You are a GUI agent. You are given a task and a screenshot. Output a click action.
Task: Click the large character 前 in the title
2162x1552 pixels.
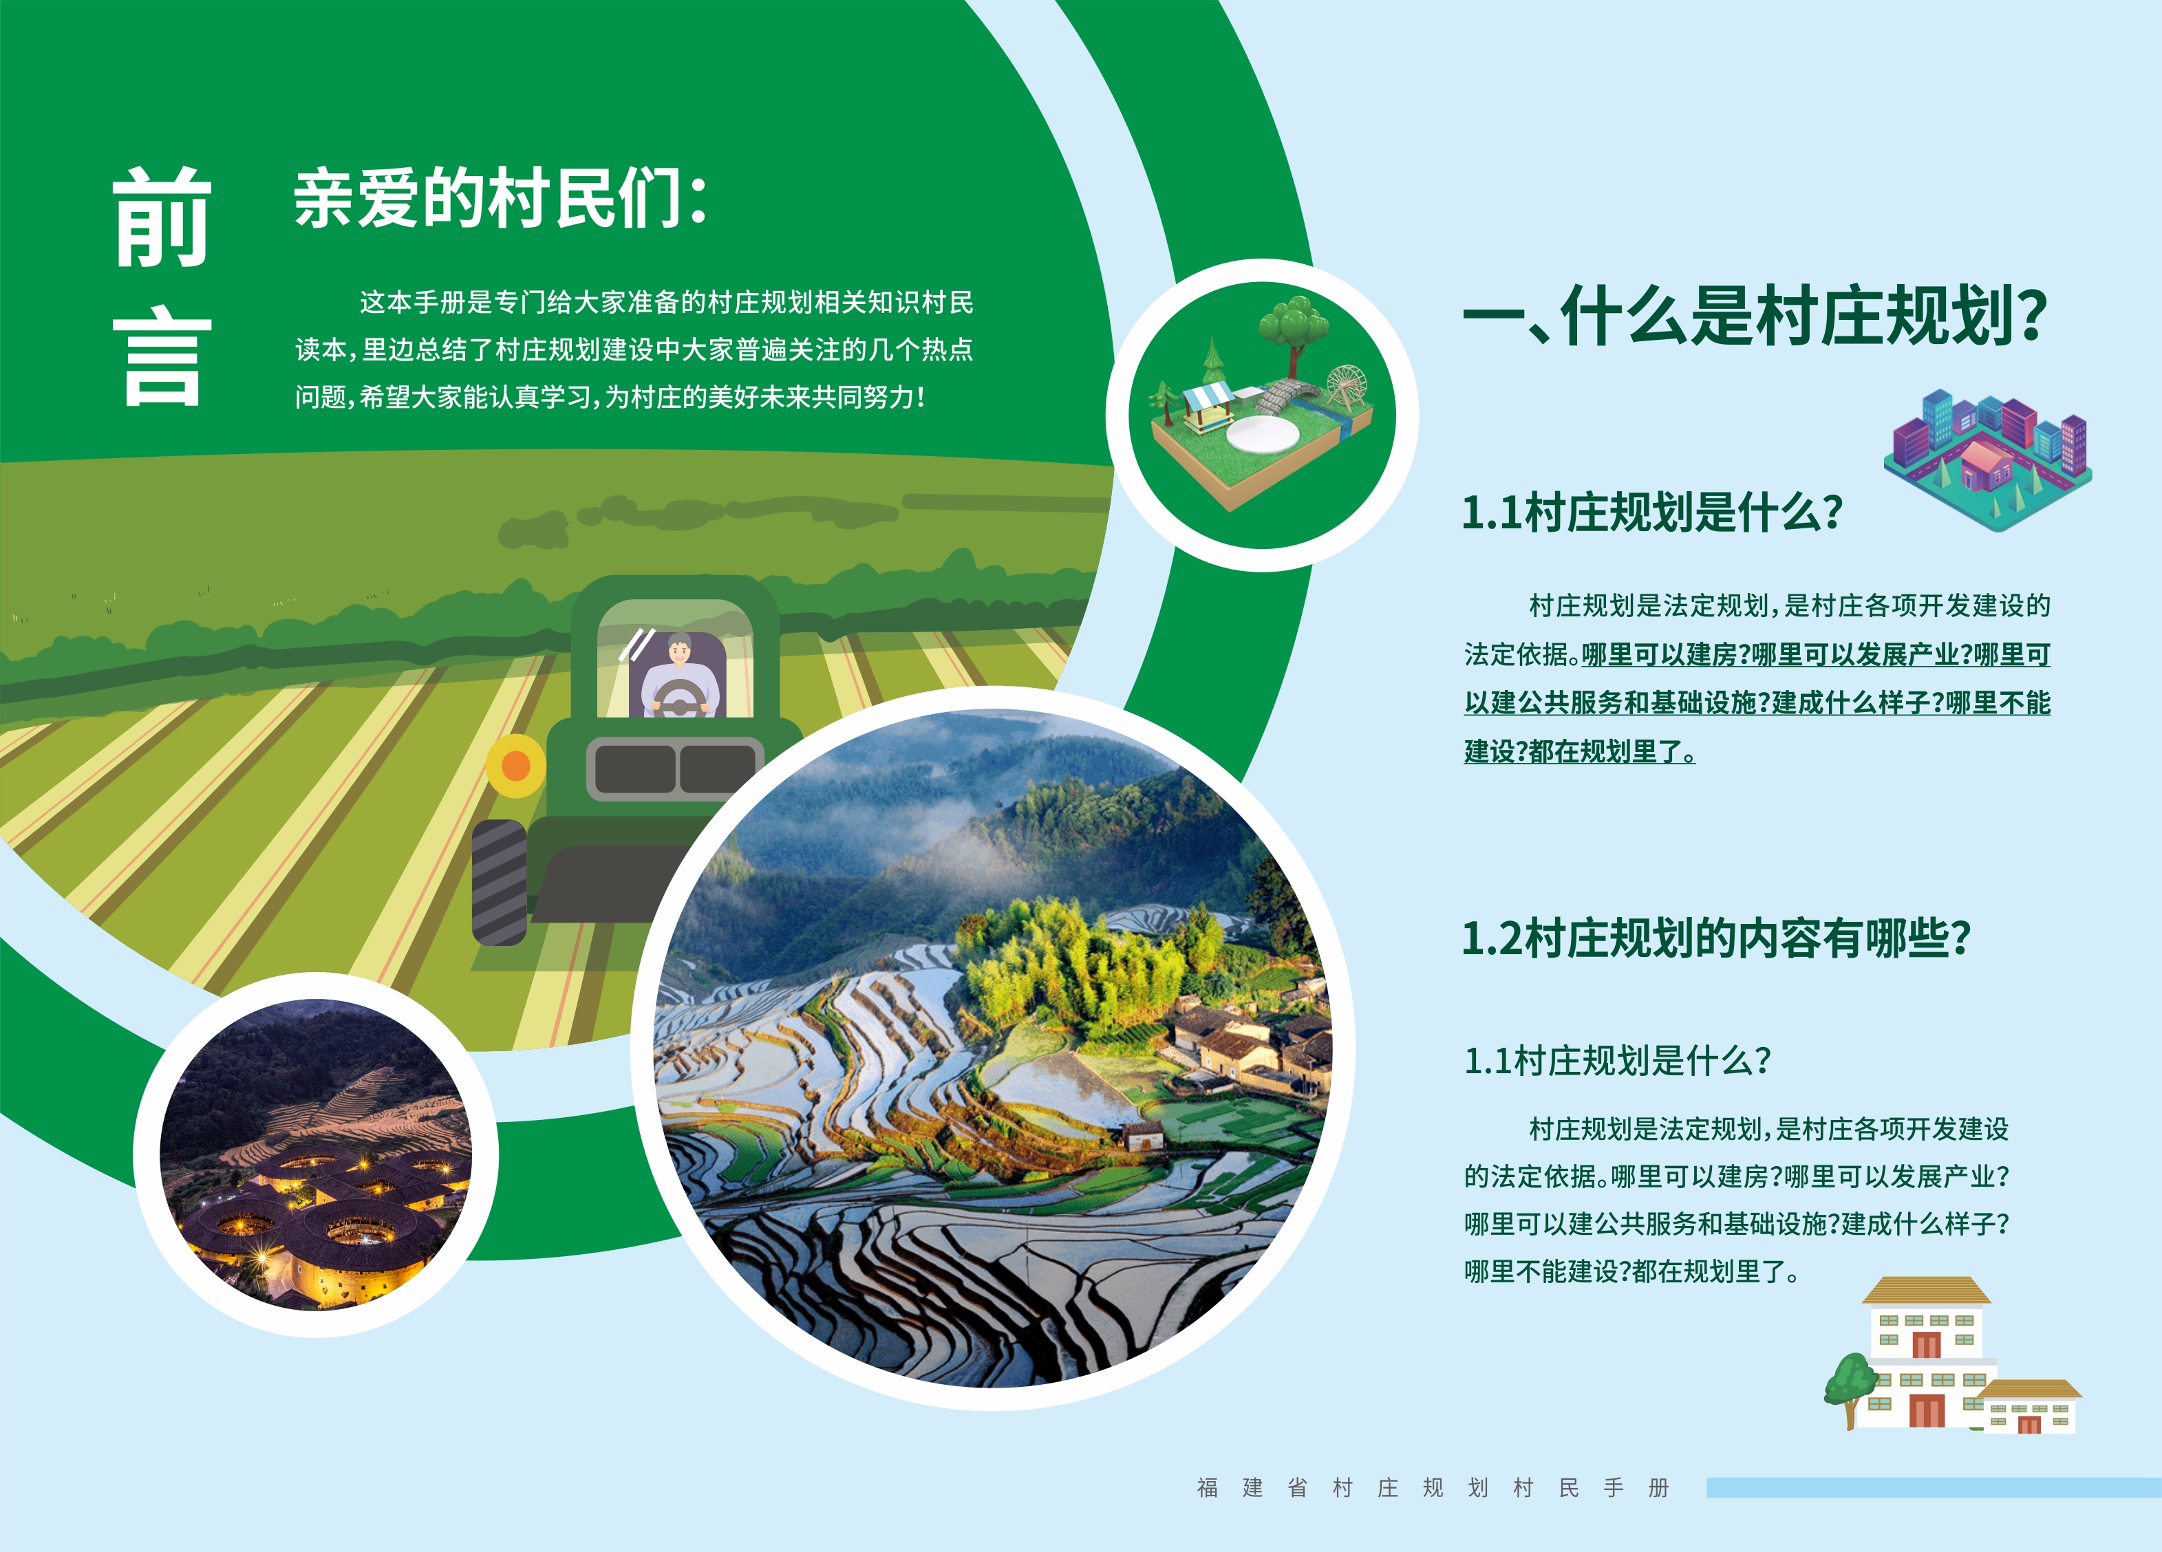(161, 217)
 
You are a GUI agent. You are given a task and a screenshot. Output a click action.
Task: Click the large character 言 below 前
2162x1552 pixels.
(161, 356)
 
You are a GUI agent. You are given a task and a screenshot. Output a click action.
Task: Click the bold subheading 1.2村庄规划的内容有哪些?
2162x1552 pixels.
(1716, 938)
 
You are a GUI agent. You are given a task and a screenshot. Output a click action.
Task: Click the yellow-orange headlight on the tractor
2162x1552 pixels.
(515, 766)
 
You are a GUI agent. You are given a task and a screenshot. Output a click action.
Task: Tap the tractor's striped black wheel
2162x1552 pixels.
(500, 882)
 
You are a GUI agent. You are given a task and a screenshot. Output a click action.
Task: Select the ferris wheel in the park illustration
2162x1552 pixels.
(1345, 388)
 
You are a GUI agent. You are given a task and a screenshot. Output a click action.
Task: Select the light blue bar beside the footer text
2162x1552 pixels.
(1934, 1487)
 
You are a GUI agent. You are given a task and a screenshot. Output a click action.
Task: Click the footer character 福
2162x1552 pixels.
(1208, 1487)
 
